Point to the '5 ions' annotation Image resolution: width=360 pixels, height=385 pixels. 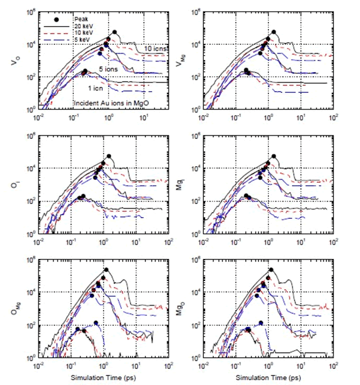click(x=108, y=69)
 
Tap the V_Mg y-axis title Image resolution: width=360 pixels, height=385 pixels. click(x=190, y=60)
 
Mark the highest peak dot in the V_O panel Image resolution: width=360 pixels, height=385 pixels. click(x=115, y=32)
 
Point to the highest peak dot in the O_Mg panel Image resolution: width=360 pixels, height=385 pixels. click(x=107, y=270)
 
